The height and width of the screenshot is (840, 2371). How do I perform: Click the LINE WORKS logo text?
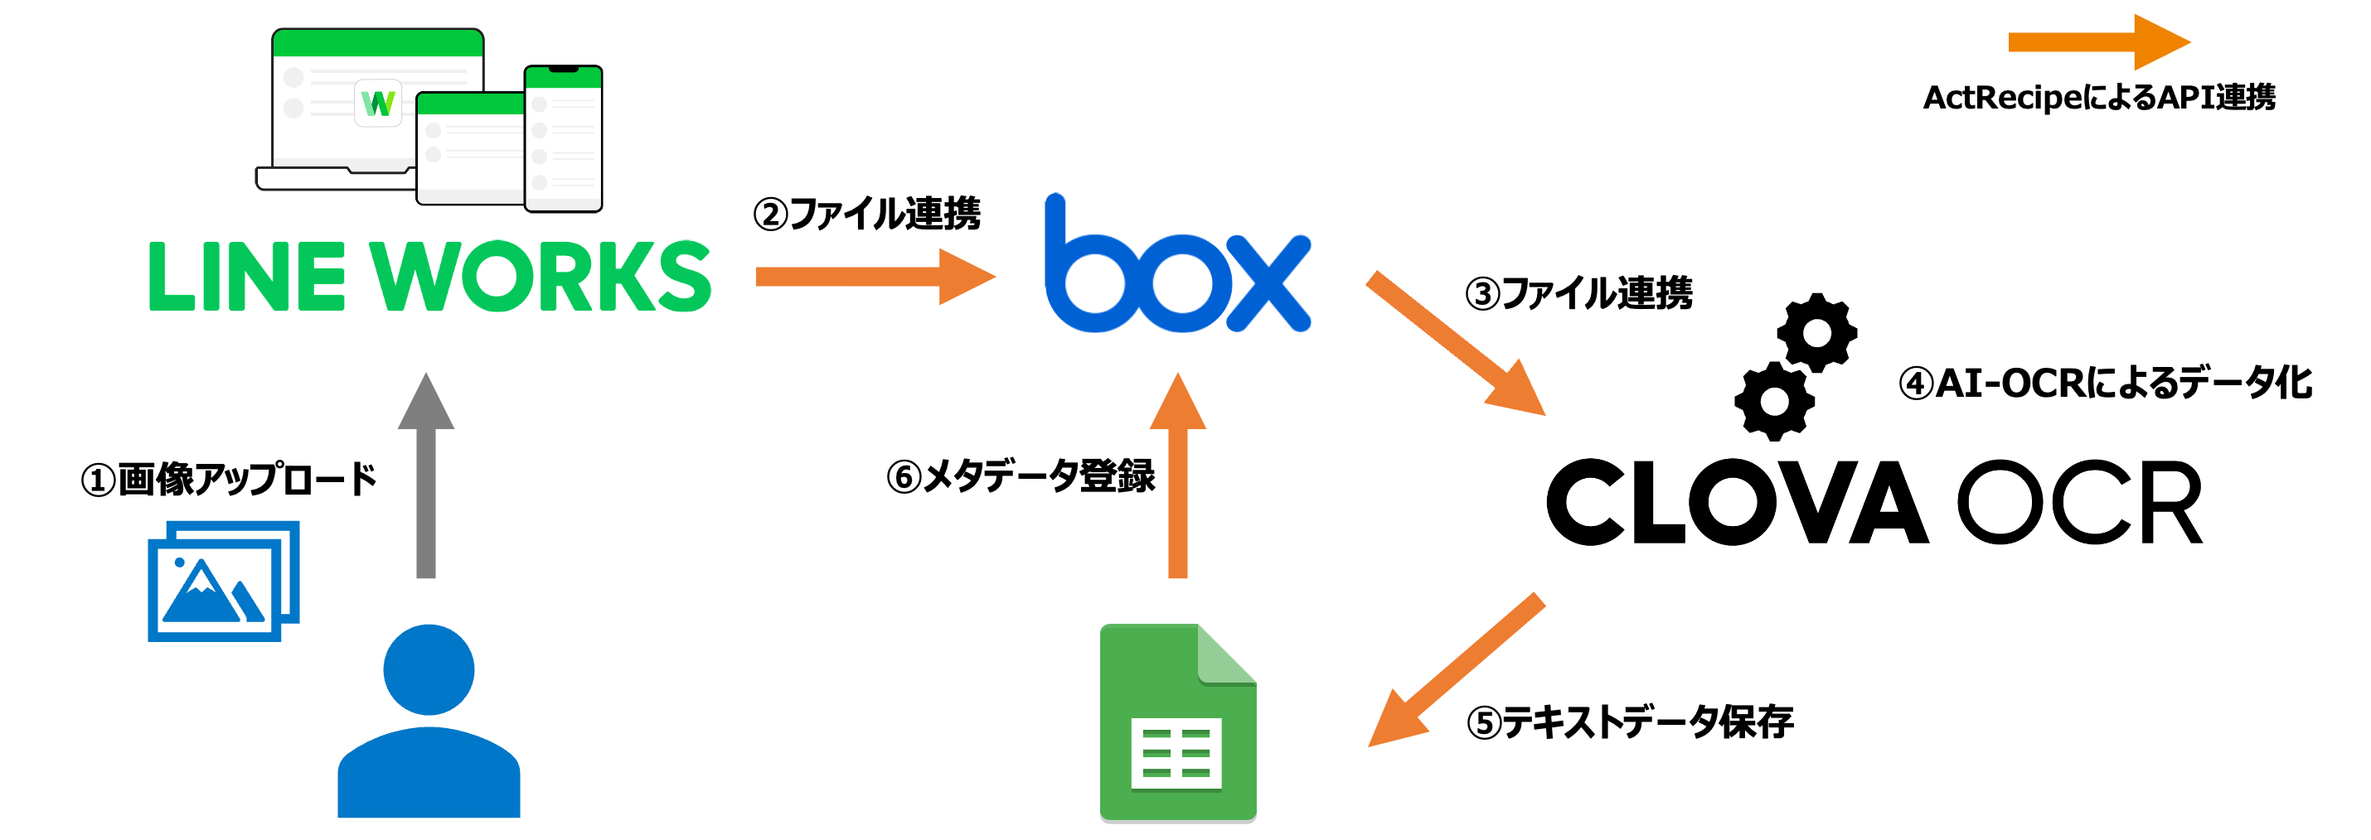click(x=429, y=276)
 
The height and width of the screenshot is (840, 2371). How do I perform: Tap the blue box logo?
click(x=1176, y=267)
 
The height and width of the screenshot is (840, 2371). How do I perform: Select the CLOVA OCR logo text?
click(x=1874, y=502)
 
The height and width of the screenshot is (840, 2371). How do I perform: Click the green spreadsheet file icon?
click(x=1177, y=722)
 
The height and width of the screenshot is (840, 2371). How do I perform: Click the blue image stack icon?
click(x=223, y=581)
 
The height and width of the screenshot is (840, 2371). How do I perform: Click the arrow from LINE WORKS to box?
click(x=875, y=276)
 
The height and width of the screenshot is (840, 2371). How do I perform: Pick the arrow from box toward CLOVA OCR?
click(x=1454, y=342)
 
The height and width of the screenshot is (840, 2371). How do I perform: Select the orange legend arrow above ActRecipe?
click(x=2097, y=41)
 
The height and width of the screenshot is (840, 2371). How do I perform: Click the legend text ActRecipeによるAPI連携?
click(x=2098, y=98)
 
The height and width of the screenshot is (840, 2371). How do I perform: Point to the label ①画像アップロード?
click(x=229, y=480)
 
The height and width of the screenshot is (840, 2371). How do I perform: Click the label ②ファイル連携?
click(x=867, y=214)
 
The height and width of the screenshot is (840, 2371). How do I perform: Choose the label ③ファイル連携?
click(x=1578, y=293)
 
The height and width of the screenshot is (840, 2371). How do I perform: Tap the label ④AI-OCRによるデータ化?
click(x=2105, y=383)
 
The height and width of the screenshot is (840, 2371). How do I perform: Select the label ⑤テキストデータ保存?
click(x=1629, y=722)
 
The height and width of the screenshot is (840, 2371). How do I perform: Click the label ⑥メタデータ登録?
click(x=1020, y=476)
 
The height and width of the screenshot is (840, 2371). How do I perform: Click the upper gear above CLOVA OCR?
click(x=1816, y=332)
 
